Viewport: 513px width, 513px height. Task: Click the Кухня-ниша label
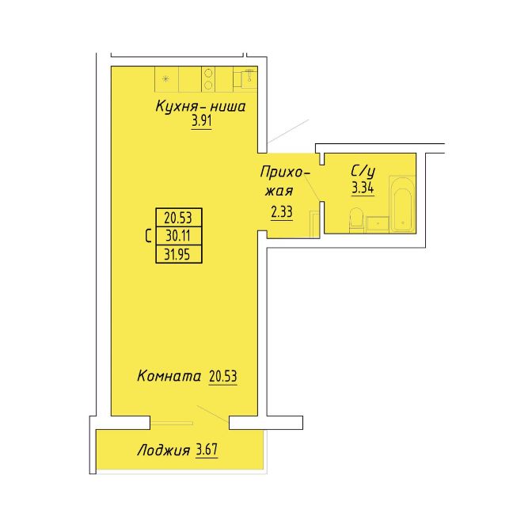(x=200, y=106)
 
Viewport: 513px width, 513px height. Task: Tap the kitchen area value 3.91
(x=202, y=121)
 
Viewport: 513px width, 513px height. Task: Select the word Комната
(x=169, y=376)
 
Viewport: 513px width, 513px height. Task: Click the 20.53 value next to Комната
(x=222, y=376)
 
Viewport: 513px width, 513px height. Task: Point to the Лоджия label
(x=164, y=450)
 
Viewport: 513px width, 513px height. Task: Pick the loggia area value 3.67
(x=207, y=450)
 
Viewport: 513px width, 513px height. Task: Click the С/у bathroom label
(x=363, y=172)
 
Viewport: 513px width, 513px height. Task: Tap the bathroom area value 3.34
(x=363, y=188)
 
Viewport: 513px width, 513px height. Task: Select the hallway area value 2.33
(x=282, y=212)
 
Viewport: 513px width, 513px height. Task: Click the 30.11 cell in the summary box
(x=178, y=235)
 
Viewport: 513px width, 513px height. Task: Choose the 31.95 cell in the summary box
(x=177, y=254)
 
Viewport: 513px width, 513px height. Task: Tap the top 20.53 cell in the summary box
(x=178, y=218)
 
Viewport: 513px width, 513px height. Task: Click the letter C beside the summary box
(x=148, y=236)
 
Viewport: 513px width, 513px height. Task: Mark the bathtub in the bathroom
(x=402, y=204)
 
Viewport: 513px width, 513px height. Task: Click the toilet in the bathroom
(x=356, y=219)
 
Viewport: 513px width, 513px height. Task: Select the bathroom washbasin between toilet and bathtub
(x=377, y=225)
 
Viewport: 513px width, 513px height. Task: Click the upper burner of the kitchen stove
(x=208, y=74)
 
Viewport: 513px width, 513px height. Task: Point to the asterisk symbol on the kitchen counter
(x=166, y=78)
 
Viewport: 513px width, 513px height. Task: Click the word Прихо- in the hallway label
(x=285, y=173)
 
